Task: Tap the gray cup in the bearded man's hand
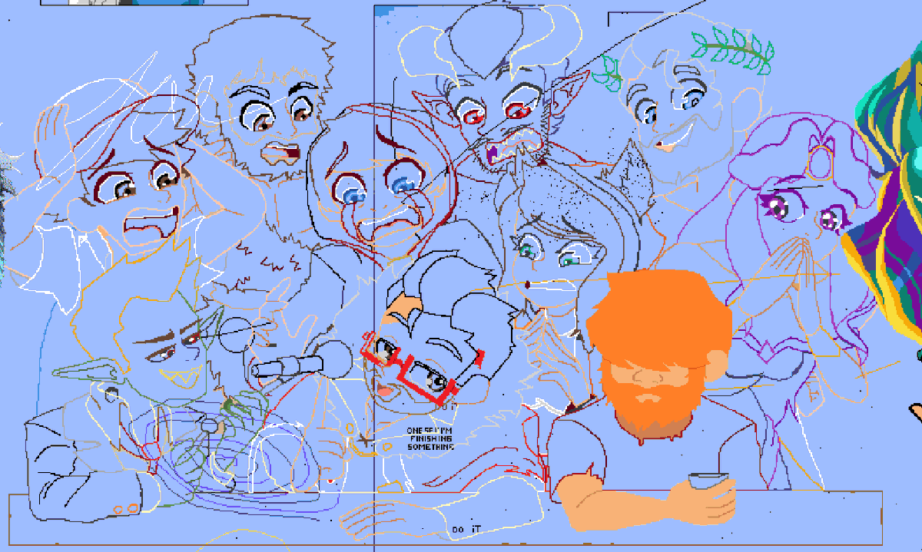point(707,481)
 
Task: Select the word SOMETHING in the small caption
point(430,447)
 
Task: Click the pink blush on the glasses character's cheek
point(386,392)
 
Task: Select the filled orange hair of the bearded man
point(657,315)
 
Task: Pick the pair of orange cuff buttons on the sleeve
point(126,508)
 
